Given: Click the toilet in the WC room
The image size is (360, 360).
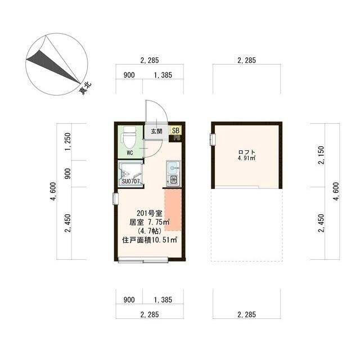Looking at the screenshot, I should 129,137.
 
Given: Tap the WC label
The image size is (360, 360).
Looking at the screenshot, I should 129,152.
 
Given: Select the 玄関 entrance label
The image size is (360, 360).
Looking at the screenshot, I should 156,132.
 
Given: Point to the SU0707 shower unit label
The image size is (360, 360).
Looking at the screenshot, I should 130,181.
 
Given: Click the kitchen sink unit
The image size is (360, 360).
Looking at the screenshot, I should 173,173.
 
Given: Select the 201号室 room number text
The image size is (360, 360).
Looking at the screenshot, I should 149,213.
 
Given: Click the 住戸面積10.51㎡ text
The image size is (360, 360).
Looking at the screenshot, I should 150,240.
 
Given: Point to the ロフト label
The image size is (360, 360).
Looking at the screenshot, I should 246,152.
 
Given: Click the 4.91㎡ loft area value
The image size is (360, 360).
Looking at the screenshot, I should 246,159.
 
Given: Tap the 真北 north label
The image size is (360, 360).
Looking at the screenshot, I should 85,88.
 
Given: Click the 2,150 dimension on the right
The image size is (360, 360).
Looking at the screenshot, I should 322,156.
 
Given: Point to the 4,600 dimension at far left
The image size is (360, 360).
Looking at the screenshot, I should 53,191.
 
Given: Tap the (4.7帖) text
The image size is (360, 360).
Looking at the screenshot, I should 149,231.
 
